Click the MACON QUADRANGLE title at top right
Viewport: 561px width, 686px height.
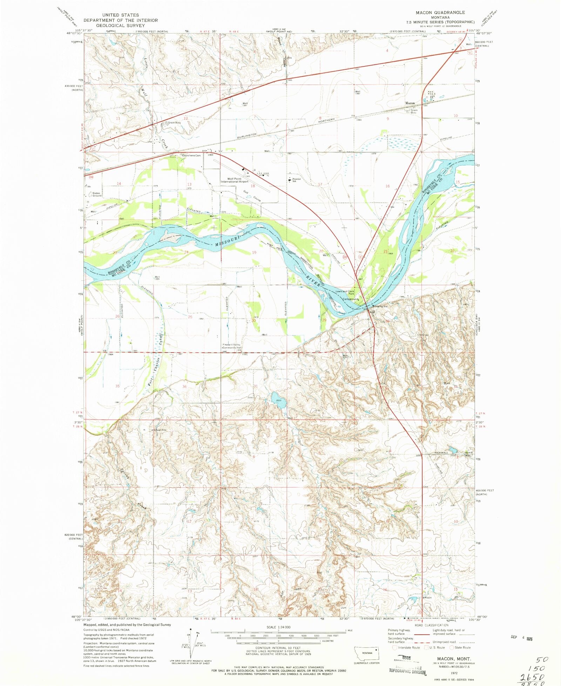pos(440,12)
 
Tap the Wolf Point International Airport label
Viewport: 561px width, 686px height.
pos(234,180)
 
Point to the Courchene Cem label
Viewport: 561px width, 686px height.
pos(191,155)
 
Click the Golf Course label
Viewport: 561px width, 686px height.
pos(252,196)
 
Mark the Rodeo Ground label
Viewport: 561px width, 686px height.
pos(96,194)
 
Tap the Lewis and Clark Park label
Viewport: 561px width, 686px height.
pos(345,291)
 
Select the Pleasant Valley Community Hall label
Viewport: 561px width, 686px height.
pos(232,346)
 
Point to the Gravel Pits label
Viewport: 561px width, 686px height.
pos(160,430)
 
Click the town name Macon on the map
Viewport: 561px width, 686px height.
pos(410,103)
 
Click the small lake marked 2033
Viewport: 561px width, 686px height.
pos(278,400)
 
